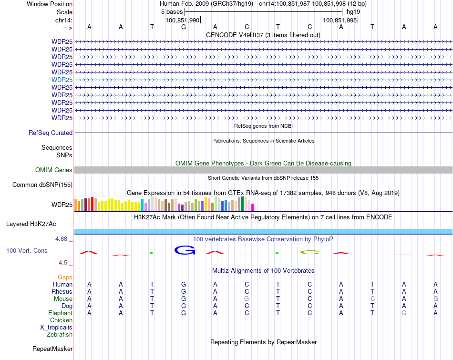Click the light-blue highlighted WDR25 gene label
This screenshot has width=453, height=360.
(62, 80)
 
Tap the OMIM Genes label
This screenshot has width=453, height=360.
(54, 170)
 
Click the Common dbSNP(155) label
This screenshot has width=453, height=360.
(42, 185)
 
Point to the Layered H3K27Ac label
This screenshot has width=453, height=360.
(31, 224)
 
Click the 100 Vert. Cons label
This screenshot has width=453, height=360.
(27, 250)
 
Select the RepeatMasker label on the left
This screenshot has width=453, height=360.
(52, 349)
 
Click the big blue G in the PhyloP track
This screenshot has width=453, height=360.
(185, 250)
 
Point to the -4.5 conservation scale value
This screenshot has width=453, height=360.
(63, 262)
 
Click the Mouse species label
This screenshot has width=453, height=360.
(63, 298)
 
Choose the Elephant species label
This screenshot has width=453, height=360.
(60, 313)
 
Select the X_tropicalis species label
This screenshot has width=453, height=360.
(56, 327)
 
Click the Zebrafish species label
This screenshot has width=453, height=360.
(60, 334)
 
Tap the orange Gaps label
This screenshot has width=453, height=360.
(65, 277)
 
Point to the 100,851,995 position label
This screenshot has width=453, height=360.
(340, 20)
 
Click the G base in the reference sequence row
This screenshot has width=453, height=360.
(184, 27)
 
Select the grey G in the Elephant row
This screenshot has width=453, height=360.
(404, 313)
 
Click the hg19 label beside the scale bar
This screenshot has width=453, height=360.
(353, 11)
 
